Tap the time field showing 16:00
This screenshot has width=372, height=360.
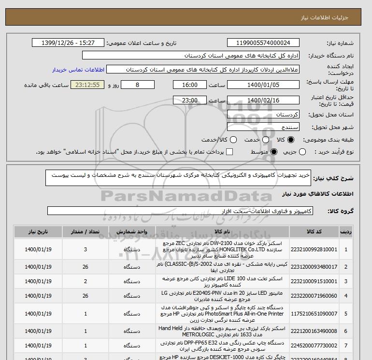[x=191, y=85]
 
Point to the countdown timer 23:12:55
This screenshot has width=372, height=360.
[x=87, y=85]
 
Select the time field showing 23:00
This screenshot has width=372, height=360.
[x=191, y=101]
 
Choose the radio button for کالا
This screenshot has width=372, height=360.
[x=291, y=140]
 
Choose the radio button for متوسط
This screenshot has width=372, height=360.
[x=274, y=152]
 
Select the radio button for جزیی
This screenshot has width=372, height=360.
[x=303, y=152]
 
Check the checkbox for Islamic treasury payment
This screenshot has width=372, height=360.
[x=229, y=152]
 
